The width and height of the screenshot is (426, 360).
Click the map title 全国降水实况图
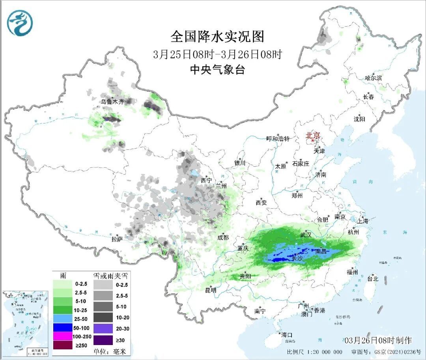pyautogui.click(x=217, y=37)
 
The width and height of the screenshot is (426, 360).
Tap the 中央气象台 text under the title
pyautogui.click(x=217, y=70)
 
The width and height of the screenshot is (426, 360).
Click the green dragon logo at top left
pyautogui.click(x=20, y=23)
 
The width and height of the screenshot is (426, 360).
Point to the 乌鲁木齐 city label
pyautogui.click(x=112, y=102)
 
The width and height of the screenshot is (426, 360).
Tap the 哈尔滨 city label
pyautogui.click(x=373, y=78)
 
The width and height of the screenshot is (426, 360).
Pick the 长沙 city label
pyautogui.click(x=297, y=259)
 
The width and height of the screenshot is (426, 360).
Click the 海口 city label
pyautogui.click(x=287, y=335)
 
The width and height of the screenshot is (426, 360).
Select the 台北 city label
pyautogui.click(x=372, y=279)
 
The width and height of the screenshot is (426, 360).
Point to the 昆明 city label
pyautogui.click(x=211, y=290)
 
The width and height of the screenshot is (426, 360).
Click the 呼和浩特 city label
pyautogui.click(x=278, y=139)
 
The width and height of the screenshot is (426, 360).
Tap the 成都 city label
pyautogui.click(x=223, y=237)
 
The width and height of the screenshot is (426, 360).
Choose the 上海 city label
pyautogui.click(x=362, y=221)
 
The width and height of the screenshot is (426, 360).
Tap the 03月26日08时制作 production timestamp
pyautogui.click(x=378, y=340)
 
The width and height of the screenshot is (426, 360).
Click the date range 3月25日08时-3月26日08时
pyautogui.click(x=217, y=54)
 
